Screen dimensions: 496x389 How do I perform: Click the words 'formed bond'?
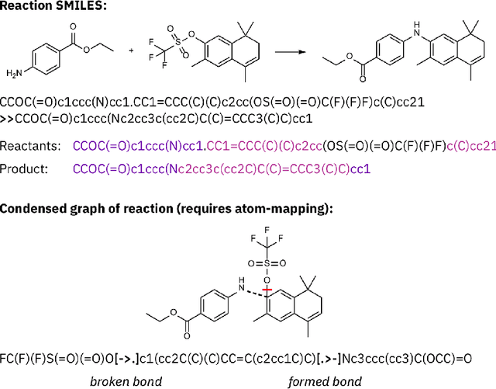[318, 380]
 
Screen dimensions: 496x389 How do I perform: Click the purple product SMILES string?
[222, 168]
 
